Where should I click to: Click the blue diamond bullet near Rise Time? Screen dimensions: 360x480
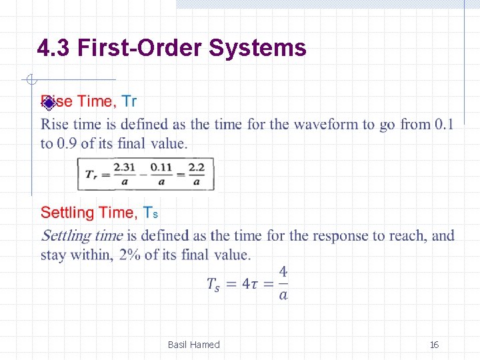point(48,102)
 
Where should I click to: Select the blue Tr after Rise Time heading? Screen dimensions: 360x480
point(129,101)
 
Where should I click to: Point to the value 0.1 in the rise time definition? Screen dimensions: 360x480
point(443,125)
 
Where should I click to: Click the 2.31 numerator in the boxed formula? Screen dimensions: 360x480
point(123,167)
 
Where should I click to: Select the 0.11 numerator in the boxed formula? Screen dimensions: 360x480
point(161,167)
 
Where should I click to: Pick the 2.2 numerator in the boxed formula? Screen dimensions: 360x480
point(197,167)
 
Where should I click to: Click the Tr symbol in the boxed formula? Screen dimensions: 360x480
point(92,174)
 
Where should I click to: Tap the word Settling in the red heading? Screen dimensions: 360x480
point(67,213)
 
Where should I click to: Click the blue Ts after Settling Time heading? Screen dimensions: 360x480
point(151,213)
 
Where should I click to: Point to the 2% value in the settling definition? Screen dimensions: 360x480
point(130,255)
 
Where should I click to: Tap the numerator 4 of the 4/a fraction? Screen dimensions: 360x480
point(283,272)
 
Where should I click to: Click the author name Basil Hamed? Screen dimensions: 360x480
point(193,345)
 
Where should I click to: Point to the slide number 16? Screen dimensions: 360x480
point(434,345)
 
